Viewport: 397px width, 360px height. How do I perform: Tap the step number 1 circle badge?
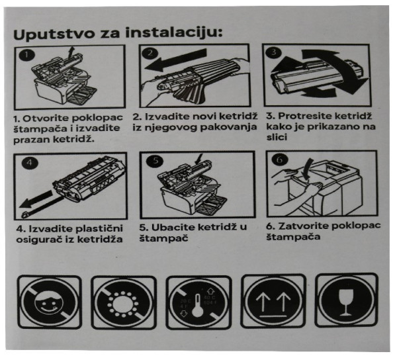click(x=24, y=55)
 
